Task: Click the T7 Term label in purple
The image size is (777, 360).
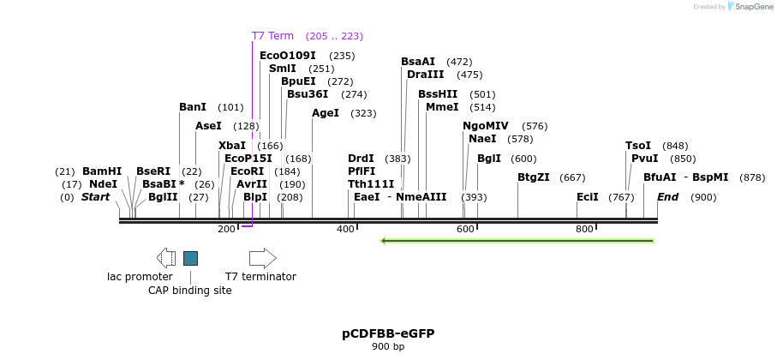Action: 272,36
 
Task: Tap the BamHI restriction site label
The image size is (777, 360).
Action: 102,171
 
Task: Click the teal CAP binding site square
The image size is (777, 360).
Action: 190,258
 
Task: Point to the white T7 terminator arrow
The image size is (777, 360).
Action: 262,258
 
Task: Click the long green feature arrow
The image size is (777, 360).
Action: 517,241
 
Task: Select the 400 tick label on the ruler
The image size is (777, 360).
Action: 345,230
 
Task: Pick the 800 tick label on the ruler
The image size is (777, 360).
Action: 584,230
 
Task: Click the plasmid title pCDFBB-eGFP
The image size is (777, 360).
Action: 388,333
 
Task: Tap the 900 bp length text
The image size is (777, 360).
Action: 388,347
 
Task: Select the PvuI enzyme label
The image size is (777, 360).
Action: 644,159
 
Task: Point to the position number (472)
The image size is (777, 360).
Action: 459,62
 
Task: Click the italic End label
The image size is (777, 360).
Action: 668,197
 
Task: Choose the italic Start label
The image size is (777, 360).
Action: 96,197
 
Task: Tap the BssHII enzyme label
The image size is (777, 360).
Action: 438,94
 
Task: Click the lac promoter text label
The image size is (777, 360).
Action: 140,277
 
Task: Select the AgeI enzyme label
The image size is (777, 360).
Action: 326,113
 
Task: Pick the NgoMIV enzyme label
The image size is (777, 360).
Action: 486,126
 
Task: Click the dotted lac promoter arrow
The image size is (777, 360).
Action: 166,258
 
